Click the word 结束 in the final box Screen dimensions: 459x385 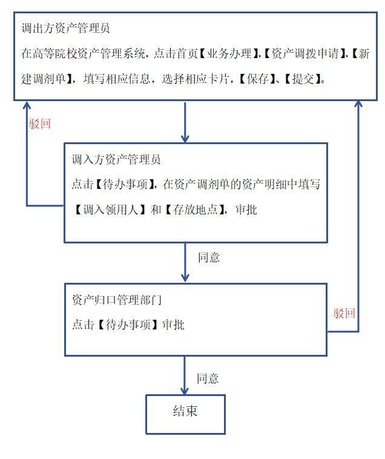185,412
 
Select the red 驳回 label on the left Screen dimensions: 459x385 39,124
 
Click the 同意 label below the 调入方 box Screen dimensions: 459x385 209,257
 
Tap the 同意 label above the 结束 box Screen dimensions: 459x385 208,378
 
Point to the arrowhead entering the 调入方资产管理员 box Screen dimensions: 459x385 185,138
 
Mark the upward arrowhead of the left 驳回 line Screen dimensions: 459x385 27,105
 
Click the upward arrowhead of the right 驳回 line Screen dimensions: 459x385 358,105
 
